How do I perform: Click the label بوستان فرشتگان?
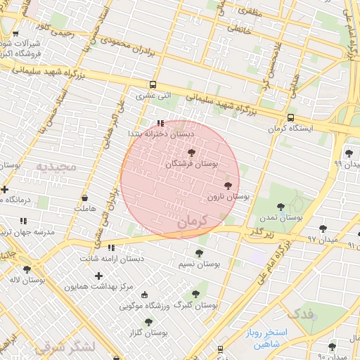(191, 163)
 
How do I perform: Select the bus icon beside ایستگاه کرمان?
(290, 118)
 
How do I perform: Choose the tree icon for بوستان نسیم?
(199, 253)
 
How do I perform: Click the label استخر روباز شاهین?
(263, 337)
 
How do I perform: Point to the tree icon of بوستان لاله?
(27, 269)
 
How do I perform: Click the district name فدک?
(302, 313)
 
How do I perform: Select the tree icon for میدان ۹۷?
(323, 229)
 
